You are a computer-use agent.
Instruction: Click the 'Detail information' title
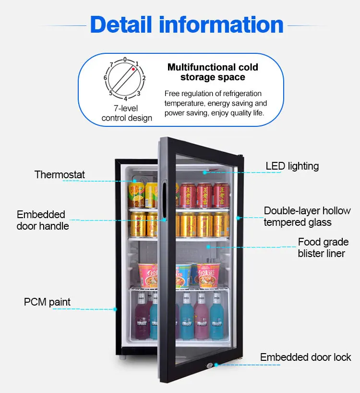tap(187, 25)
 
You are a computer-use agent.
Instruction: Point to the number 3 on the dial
tap(139, 93)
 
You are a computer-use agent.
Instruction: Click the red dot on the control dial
tap(133, 69)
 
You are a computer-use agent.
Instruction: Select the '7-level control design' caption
tap(127, 113)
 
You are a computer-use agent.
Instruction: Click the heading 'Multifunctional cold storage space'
tap(213, 72)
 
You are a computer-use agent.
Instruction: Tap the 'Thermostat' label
tap(60, 174)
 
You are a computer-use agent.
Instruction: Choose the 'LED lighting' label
tap(292, 166)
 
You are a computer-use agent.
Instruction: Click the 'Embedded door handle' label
tap(43, 220)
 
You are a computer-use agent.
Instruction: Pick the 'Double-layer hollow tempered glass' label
tap(307, 216)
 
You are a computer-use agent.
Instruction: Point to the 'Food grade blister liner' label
tap(321, 247)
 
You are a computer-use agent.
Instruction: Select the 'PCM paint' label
tap(47, 302)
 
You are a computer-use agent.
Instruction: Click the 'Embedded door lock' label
tap(305, 357)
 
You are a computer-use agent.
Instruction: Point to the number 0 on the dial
tap(125, 60)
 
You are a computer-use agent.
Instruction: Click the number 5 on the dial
tap(111, 93)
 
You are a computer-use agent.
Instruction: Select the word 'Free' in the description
tap(172, 93)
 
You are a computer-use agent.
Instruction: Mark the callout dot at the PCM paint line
tap(116, 309)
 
